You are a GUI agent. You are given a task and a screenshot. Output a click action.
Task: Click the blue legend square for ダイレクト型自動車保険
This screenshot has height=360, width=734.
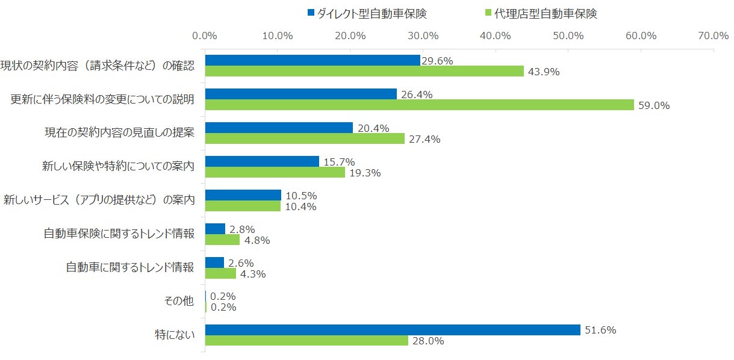point(311,13)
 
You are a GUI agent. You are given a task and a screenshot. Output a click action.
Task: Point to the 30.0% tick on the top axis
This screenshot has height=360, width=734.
point(423,36)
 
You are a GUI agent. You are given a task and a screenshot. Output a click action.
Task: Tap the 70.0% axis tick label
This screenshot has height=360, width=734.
point(714,36)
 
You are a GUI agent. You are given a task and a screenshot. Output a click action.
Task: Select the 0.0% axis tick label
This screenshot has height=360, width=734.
point(205,36)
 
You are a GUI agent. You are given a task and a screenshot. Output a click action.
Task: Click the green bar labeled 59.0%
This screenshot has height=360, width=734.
point(419,105)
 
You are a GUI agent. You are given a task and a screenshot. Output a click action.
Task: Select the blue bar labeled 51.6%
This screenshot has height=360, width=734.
point(393,330)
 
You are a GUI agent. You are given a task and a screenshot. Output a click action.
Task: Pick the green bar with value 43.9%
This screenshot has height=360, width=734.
point(364,71)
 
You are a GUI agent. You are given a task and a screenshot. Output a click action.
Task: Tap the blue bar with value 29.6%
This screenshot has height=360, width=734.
point(313,60)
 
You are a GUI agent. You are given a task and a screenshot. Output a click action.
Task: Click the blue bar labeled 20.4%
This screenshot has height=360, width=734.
point(279,128)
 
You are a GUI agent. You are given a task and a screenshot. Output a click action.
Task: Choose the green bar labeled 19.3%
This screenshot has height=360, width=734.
point(275,172)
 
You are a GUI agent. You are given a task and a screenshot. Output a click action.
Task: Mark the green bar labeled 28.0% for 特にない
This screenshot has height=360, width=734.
point(306,341)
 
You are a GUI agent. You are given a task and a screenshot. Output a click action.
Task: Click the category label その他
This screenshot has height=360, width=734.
point(179,301)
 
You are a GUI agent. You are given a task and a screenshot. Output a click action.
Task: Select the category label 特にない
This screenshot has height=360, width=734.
point(175,335)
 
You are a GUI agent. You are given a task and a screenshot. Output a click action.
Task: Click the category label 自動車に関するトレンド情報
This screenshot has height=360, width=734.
point(129,267)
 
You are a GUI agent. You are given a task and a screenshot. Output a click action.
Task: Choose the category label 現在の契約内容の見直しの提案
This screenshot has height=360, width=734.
point(119,132)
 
